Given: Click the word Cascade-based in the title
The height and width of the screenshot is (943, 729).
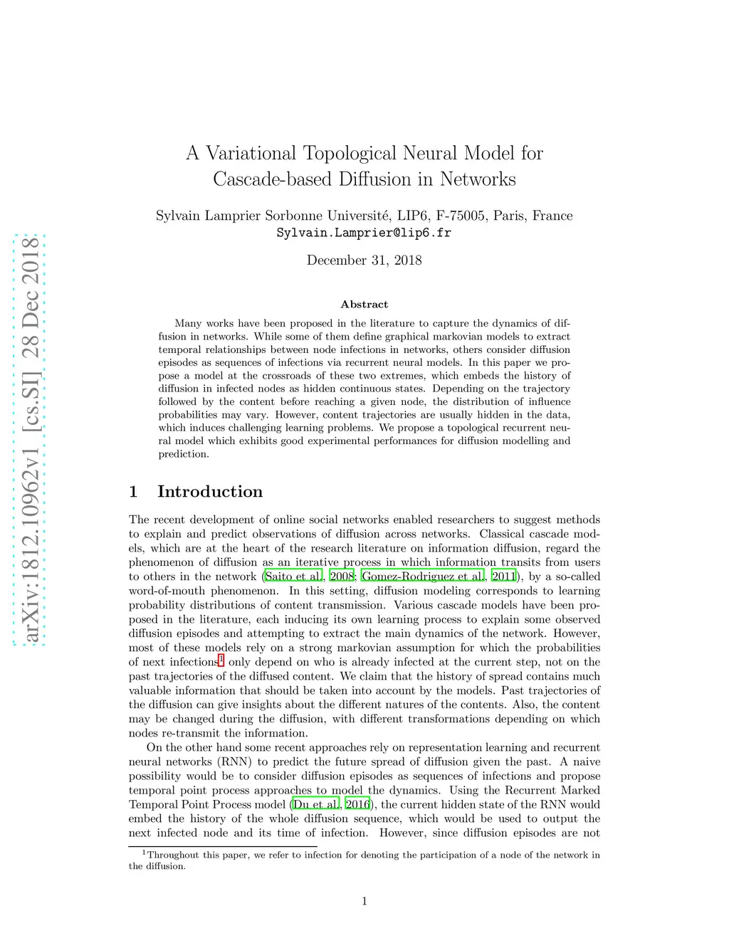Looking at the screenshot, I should (273, 179).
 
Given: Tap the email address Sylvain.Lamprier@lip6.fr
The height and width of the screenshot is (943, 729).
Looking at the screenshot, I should (364, 233).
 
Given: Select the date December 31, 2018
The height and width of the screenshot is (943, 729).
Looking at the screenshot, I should (364, 260).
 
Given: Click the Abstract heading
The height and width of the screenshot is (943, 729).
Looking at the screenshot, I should (364, 305).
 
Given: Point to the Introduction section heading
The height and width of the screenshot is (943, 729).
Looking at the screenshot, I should (209, 492).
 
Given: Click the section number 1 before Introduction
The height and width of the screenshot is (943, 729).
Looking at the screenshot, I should (133, 492).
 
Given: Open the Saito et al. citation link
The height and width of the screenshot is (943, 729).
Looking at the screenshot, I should (293, 576).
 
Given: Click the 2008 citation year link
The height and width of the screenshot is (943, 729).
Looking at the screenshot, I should (342, 576).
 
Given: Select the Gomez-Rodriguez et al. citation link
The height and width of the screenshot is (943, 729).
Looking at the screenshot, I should (423, 576).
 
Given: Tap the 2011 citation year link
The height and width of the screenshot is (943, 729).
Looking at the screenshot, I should (503, 576).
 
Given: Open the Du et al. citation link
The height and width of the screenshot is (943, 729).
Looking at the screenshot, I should (316, 804).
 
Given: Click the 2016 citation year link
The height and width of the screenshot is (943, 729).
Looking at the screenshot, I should (357, 804).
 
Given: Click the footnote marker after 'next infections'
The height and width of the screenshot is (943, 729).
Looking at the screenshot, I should (221, 660).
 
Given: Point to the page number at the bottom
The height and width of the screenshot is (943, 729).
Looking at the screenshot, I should (364, 902).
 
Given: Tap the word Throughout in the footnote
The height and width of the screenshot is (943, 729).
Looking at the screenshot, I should (173, 855).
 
